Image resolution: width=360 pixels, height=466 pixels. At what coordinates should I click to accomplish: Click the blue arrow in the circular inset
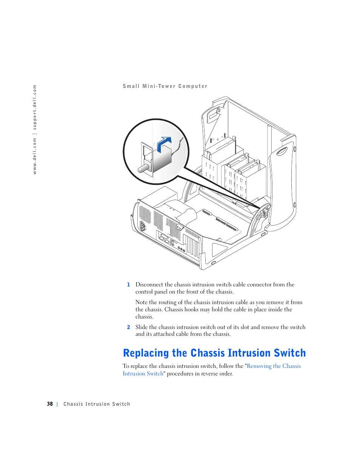[x=164, y=143]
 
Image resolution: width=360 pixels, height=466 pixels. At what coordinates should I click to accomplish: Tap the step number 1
[x=128, y=285]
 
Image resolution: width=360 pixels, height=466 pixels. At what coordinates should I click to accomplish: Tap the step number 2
[x=128, y=328]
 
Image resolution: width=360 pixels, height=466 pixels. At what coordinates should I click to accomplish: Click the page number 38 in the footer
[x=50, y=404]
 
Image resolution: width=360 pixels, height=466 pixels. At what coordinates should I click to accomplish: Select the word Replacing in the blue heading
[x=146, y=353]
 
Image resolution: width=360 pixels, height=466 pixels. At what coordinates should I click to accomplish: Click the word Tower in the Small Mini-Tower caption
[x=167, y=86]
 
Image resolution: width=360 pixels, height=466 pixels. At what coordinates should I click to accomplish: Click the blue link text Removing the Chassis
[x=274, y=366]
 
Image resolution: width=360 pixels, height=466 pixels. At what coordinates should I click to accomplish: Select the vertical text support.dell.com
[x=35, y=107]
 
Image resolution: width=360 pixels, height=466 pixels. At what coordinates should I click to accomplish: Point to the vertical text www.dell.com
[x=35, y=155]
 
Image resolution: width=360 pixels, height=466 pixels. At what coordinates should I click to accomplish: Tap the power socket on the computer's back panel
[x=143, y=226]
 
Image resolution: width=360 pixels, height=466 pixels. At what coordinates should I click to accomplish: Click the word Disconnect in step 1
[x=149, y=285]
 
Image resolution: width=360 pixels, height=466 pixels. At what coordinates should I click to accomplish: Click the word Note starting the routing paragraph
[x=142, y=302]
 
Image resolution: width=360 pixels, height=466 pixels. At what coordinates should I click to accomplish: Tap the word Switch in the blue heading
[x=290, y=353]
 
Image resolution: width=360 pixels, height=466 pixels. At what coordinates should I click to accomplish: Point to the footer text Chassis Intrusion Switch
[x=97, y=404]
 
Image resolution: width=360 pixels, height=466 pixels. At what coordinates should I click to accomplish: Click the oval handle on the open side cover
[x=282, y=152]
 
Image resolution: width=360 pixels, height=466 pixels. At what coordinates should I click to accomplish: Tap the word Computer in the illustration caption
[x=193, y=86]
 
